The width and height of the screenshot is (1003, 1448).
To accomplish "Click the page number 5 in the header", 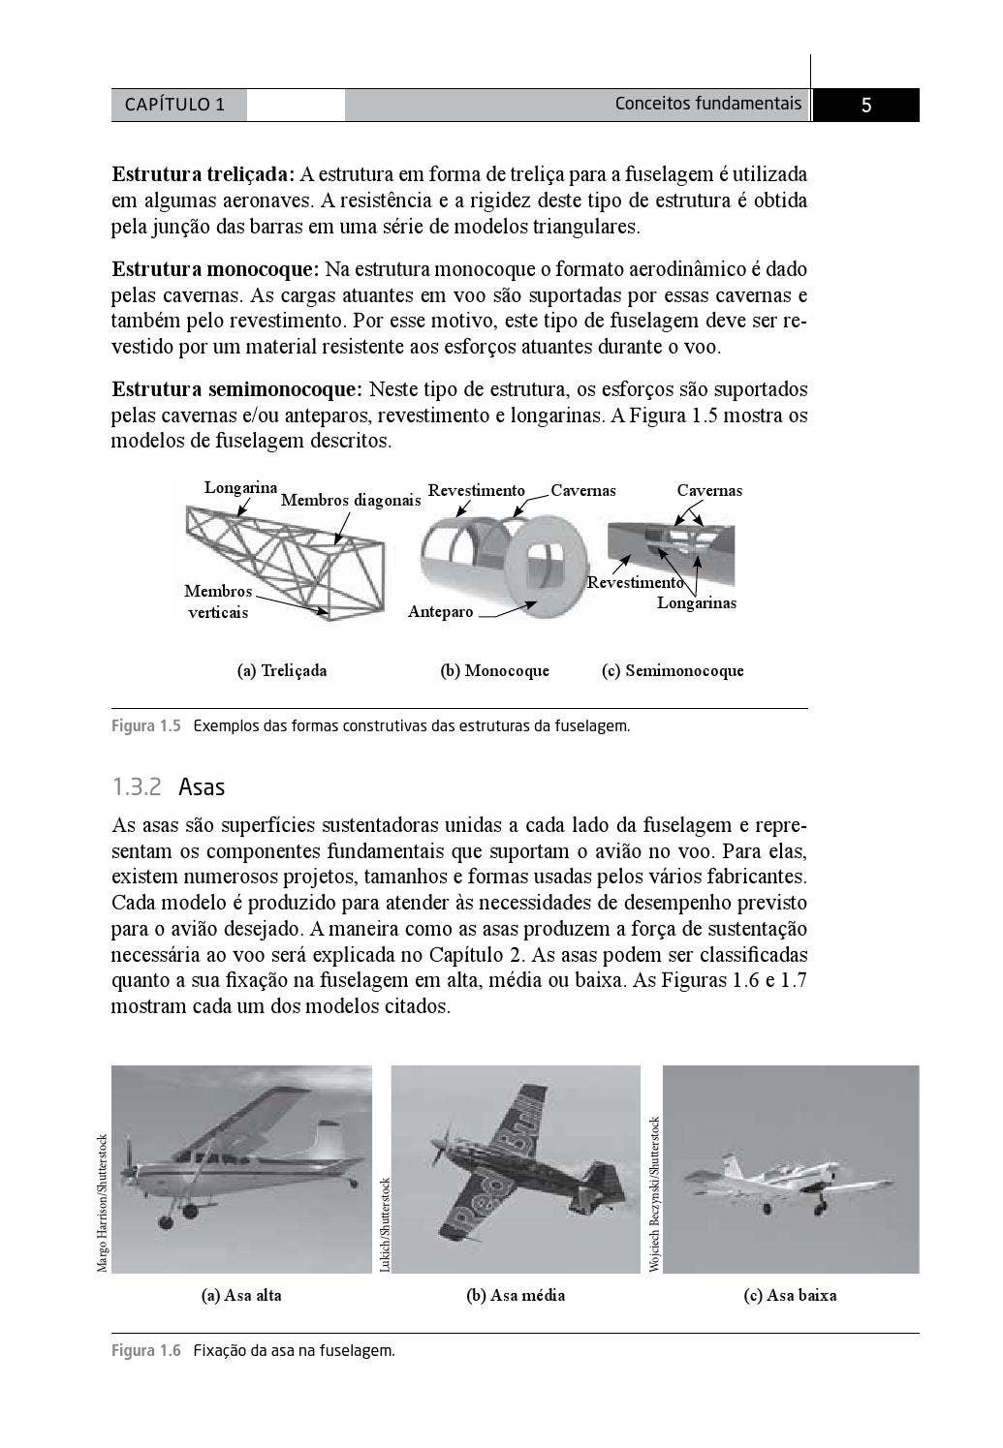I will pyautogui.click(x=865, y=106).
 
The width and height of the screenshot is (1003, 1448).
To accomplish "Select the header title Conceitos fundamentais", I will pyautogui.click(x=707, y=104).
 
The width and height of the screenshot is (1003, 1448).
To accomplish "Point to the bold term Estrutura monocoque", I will pyautogui.click(x=215, y=269).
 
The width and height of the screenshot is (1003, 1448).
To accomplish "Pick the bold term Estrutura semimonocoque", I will pyautogui.click(x=236, y=390).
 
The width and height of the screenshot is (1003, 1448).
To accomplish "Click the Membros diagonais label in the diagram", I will pyautogui.click(x=351, y=501).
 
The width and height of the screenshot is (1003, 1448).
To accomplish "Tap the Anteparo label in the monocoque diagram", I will pyautogui.click(x=440, y=612).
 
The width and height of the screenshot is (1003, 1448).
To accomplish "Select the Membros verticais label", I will pyautogui.click(x=218, y=601).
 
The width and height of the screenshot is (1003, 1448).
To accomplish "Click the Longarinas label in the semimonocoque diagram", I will pyautogui.click(x=696, y=603).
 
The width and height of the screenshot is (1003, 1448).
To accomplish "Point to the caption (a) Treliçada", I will pyautogui.click(x=282, y=670).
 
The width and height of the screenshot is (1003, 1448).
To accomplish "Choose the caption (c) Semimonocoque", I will pyautogui.click(x=673, y=670).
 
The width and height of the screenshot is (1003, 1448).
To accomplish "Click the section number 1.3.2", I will pyautogui.click(x=137, y=787).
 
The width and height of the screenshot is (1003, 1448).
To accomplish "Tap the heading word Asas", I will pyautogui.click(x=202, y=787).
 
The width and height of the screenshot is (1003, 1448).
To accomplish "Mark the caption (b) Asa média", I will pyautogui.click(x=516, y=1296).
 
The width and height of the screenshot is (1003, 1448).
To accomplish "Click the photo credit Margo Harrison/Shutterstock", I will pyautogui.click(x=103, y=1202).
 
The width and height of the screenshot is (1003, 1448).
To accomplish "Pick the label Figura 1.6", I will pyautogui.click(x=146, y=1351).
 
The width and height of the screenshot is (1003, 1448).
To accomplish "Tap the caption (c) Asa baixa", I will pyautogui.click(x=790, y=1296).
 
